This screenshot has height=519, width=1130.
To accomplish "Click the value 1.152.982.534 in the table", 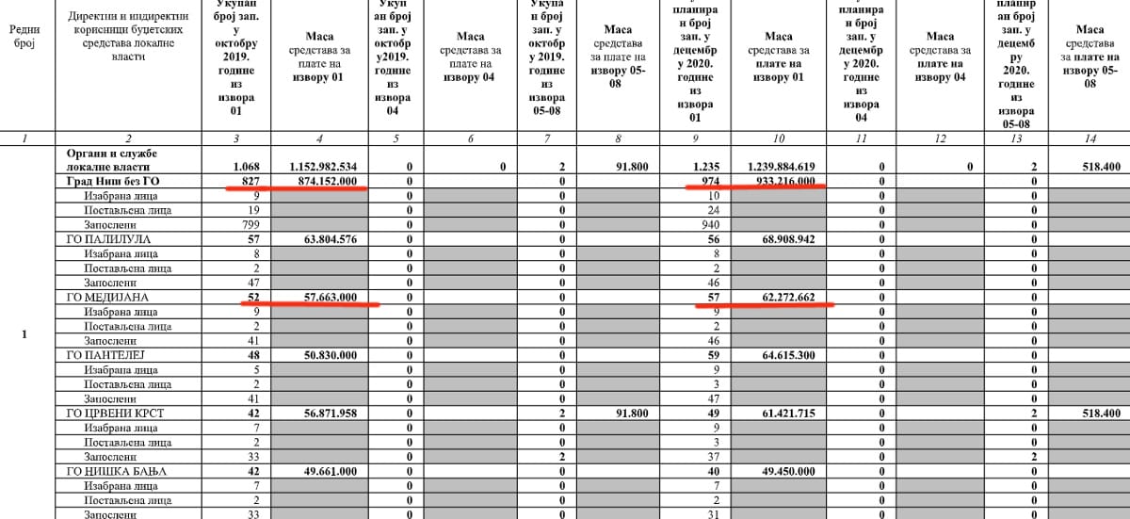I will (x=319, y=167).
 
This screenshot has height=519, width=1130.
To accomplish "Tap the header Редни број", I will (x=24, y=37).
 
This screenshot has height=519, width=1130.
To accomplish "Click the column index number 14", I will (x=1090, y=139).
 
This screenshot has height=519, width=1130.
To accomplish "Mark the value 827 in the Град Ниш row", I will (x=248, y=181).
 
